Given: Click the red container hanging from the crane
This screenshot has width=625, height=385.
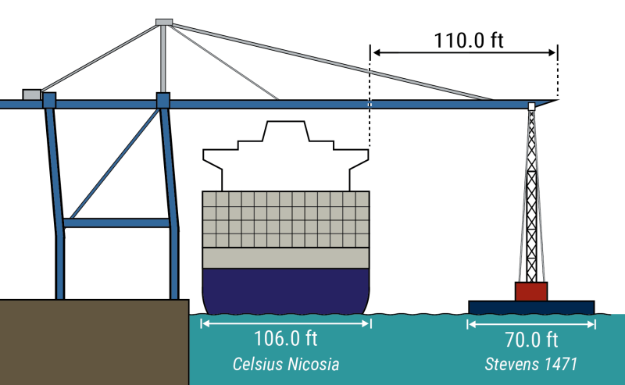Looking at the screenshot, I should [x=531, y=291].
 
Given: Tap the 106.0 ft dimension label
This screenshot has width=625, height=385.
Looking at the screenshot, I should [x=285, y=339].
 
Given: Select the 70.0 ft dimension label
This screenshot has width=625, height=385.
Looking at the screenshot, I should [x=531, y=340].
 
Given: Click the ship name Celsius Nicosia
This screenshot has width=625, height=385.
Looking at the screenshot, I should [x=285, y=364].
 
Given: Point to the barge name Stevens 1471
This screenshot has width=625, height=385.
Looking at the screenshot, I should [x=531, y=364].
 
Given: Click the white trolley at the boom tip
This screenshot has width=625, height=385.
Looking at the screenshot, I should [x=532, y=106].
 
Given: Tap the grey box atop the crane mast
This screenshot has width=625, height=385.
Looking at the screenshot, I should [x=164, y=22].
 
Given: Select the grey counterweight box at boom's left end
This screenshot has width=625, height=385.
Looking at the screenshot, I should [x=31, y=94].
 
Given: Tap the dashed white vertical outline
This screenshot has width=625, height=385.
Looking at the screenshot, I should [x=370, y=105].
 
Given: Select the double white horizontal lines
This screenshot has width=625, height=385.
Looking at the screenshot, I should [x=434, y=52].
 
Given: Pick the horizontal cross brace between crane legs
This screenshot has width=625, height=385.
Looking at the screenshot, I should [x=116, y=223].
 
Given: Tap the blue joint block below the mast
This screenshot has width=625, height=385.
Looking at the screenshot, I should [x=162, y=100].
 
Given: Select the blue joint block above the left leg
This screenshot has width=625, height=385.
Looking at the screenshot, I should [x=49, y=100].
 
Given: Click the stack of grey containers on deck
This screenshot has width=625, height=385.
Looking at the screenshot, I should [x=285, y=219].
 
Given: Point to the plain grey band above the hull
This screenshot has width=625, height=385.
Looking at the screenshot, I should [x=285, y=258].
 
